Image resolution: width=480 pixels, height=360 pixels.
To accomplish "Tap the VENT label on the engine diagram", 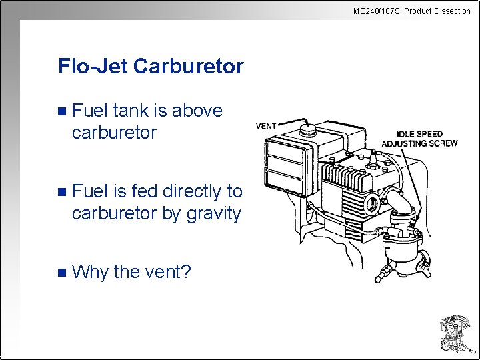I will click(x=266, y=125).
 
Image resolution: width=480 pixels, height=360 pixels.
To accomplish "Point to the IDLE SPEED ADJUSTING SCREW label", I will click(x=419, y=139).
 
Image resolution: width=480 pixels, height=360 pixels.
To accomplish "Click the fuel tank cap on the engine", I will click(x=307, y=127).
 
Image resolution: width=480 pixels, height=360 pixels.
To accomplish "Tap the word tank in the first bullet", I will click(x=127, y=111).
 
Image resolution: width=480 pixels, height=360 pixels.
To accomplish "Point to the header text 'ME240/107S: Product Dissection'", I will click(x=411, y=11).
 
